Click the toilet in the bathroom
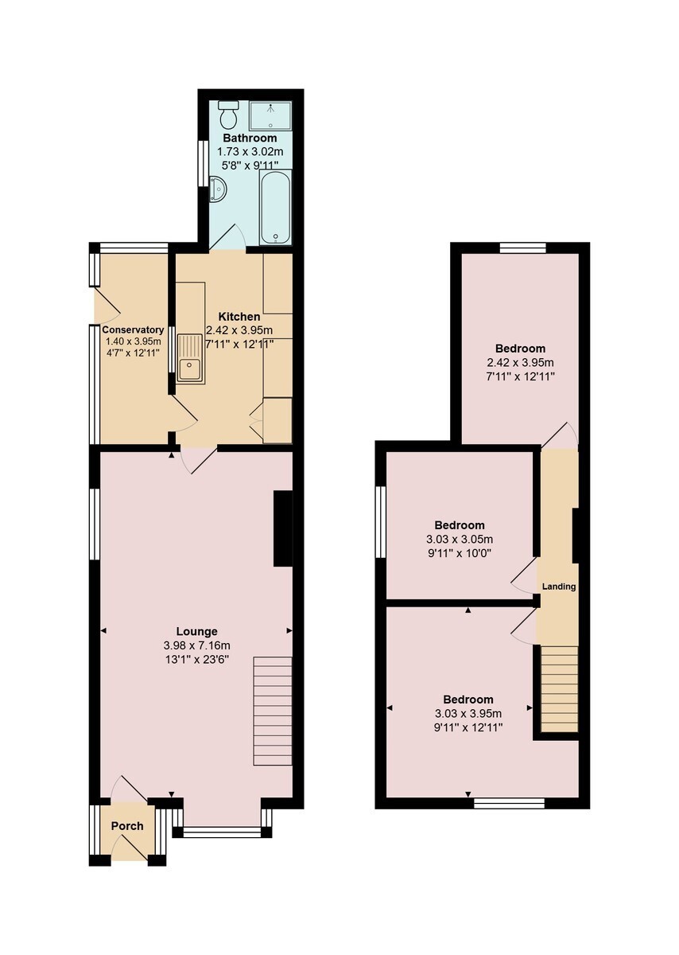pyautogui.click(x=229, y=114)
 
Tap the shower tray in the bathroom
pyautogui.click(x=270, y=115)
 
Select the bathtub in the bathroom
pyautogui.click(x=276, y=207)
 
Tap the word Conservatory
pyautogui.click(x=133, y=330)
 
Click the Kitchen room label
pyautogui.click(x=239, y=317)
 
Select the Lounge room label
pyautogui.click(x=197, y=631)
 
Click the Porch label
pyautogui.click(x=127, y=826)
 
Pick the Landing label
pyautogui.click(x=558, y=587)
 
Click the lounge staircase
pyautogui.click(x=273, y=711)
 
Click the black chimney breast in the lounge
pyautogui.click(x=283, y=528)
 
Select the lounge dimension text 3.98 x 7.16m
pyautogui.click(x=197, y=646)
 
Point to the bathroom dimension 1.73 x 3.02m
pyautogui.click(x=250, y=151)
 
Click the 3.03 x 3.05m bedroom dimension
pyautogui.click(x=460, y=540)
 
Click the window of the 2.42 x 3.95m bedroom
pyautogui.click(x=522, y=248)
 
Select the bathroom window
pyautogui.click(x=204, y=163)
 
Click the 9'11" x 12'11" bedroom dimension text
pyautogui.click(x=468, y=727)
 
